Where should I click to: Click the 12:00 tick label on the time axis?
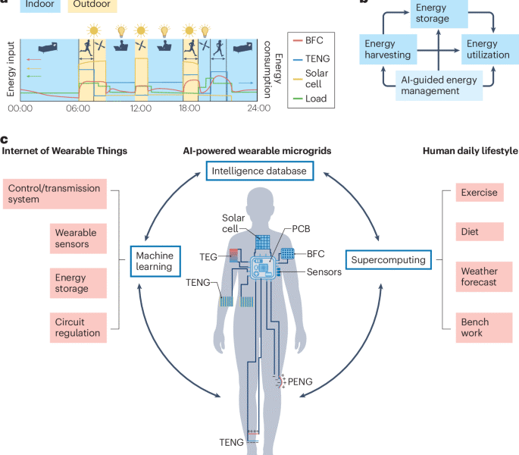pos(141,108)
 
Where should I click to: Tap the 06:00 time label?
pos(78,108)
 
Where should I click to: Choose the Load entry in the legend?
pos(310,99)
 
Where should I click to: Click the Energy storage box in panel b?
pos(439,13)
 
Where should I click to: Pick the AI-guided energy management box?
pos(439,86)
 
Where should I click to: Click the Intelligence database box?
pos(260,171)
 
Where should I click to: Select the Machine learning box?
pos(155,261)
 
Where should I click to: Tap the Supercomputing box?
pos(389,260)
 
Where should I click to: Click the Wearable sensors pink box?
pos(78,239)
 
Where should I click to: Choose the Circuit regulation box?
pos(78,328)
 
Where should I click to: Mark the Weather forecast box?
pos(484,277)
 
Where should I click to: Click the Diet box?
pos(480,231)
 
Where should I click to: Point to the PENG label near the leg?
pos(300,381)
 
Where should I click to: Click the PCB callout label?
pos(301,229)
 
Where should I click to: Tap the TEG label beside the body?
pos(208,257)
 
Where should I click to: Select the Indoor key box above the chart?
pos(40,5)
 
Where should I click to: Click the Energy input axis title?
pos(11,69)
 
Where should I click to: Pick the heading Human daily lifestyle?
pos(470,151)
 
